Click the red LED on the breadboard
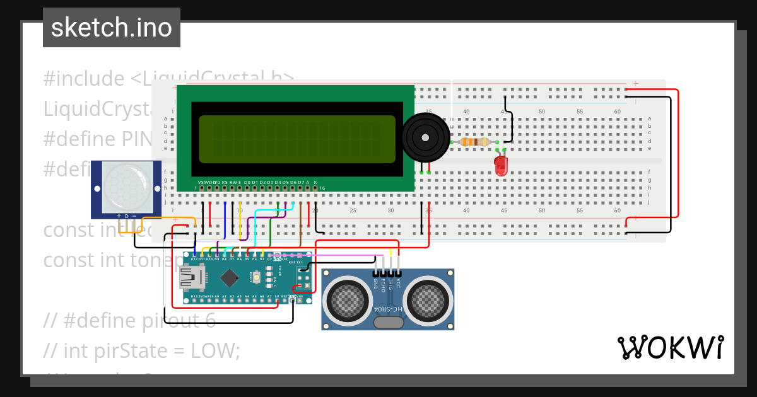[501, 166]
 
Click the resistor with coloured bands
[475, 142]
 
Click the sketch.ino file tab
[112, 28]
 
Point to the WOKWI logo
[670, 347]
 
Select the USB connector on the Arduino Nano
[189, 276]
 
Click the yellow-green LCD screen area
[297, 139]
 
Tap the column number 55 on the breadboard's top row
[579, 112]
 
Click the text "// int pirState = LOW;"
[143, 350]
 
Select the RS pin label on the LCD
[225, 182]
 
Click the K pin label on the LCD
[315, 182]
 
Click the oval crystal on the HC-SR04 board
[388, 323]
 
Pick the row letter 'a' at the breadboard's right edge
[649, 118]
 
